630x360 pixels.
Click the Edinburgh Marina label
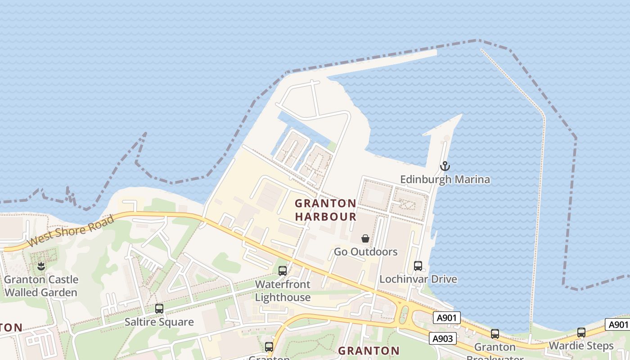(445, 180)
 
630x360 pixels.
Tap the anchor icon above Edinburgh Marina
(445, 166)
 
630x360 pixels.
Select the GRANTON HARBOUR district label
(325, 210)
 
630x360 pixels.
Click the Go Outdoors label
(365, 252)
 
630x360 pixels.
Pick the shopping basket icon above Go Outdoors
(365, 238)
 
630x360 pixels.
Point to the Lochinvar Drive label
(418, 279)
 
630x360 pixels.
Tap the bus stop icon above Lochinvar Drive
(418, 265)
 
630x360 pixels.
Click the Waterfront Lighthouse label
(283, 291)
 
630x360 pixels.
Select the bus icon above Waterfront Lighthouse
(283, 271)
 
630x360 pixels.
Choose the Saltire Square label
(159, 322)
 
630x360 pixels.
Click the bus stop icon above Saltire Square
(159, 309)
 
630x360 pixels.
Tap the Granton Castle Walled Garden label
(41, 286)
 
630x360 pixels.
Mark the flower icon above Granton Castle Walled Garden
(41, 266)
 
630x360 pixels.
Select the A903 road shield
(442, 338)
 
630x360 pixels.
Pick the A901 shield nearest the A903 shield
(447, 318)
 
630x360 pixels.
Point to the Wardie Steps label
(581, 346)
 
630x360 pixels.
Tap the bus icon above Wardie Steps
(581, 333)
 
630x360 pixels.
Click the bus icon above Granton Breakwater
(495, 334)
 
